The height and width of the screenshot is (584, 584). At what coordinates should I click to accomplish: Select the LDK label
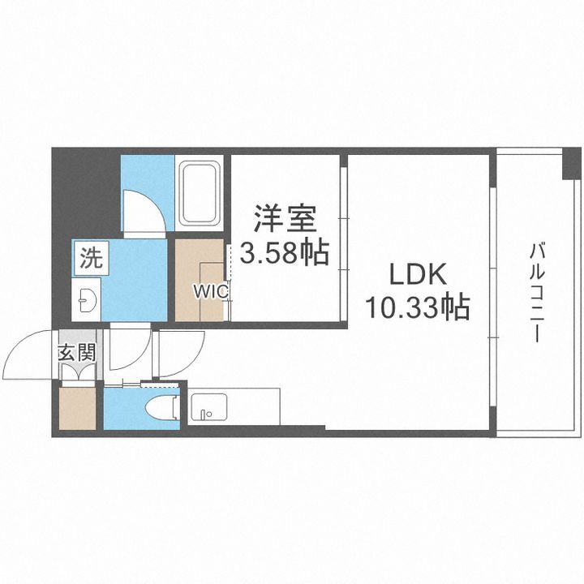click(x=419, y=276)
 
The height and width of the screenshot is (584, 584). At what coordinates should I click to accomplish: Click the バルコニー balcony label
click(x=535, y=292)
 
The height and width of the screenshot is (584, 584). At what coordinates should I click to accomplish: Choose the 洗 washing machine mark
click(x=92, y=260)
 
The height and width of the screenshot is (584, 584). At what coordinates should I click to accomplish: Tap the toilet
click(x=165, y=406)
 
